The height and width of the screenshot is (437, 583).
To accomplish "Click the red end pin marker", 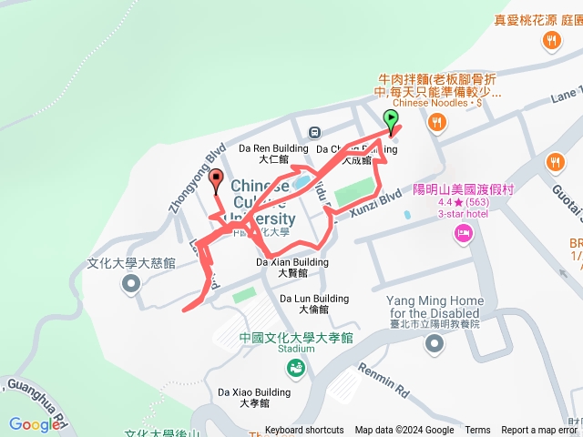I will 217,182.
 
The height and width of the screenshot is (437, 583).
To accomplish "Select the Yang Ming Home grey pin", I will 434,343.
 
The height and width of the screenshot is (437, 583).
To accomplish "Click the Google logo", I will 34,424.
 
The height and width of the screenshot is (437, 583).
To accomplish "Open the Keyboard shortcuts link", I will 304,431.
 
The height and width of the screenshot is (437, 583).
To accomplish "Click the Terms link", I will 477,431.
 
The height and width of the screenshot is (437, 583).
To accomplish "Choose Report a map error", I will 539,431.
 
